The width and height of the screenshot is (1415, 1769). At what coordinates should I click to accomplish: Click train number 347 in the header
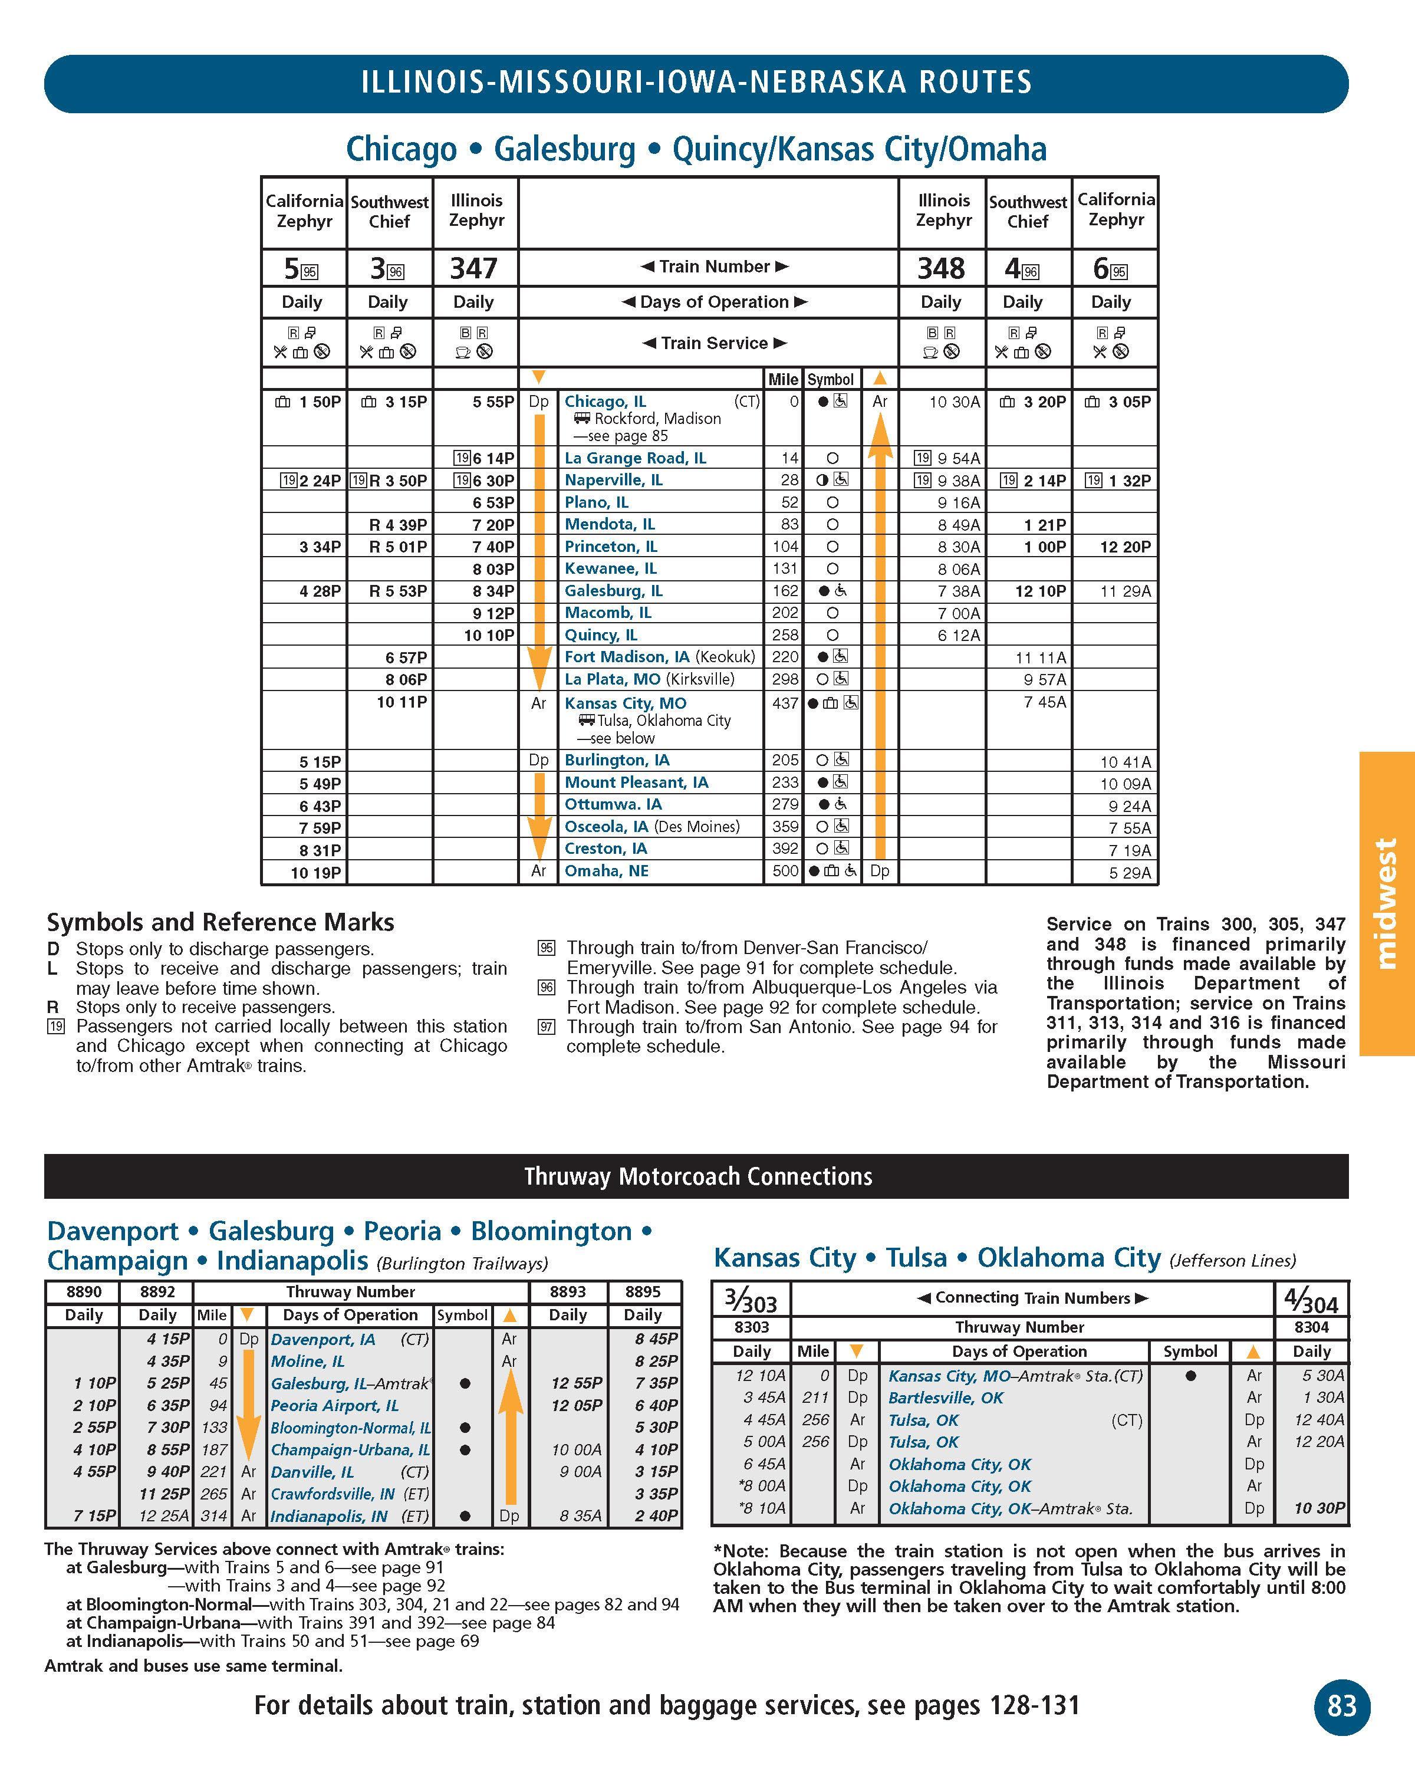(x=473, y=268)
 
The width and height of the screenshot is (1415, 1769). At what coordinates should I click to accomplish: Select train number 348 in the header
(x=941, y=268)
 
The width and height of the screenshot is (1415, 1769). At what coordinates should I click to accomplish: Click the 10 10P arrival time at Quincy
(x=489, y=635)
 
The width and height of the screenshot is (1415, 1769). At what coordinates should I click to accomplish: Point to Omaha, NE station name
(x=606, y=870)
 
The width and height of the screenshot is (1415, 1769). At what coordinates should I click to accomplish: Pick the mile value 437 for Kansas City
(x=785, y=703)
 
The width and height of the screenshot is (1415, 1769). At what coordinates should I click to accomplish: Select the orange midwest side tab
(x=1386, y=903)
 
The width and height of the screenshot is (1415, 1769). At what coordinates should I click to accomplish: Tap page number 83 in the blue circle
(x=1341, y=1706)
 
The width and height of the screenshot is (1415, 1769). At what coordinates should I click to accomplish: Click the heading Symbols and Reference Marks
(x=220, y=922)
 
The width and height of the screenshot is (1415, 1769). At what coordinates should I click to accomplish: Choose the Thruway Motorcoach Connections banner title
(x=698, y=1176)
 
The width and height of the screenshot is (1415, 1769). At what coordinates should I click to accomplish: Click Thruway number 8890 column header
(x=83, y=1291)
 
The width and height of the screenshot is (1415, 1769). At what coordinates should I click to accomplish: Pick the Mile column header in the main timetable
(x=782, y=379)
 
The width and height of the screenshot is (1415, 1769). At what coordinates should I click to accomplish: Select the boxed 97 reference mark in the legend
(x=547, y=1027)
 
